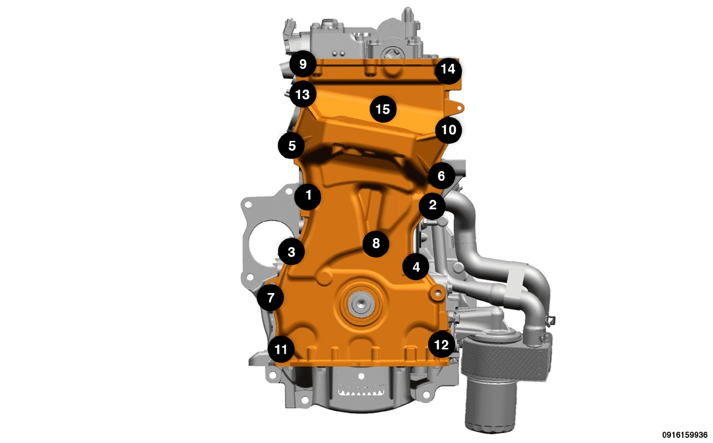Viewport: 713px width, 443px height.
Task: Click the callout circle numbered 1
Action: (x=308, y=197)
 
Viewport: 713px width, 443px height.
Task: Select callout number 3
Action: (x=291, y=252)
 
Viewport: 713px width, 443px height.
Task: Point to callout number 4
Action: (x=416, y=267)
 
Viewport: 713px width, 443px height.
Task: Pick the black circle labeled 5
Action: (x=291, y=145)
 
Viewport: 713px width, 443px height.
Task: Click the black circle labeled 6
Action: (x=442, y=176)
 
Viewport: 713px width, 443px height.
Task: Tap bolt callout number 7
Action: (x=270, y=298)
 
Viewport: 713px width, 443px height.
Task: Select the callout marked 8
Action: (x=376, y=244)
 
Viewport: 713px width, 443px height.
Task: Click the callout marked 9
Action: (x=303, y=64)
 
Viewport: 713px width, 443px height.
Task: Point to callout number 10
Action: (x=449, y=130)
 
